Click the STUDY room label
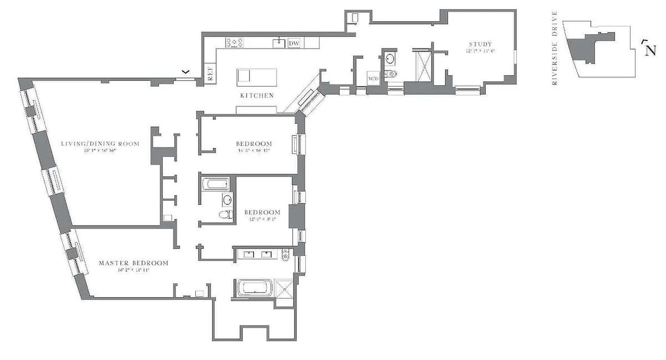480,44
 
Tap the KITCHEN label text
257,95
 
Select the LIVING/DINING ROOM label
100,144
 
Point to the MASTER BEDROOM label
133,263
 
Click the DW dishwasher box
294,43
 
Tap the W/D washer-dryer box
374,78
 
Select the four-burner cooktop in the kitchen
235,43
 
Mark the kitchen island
257,77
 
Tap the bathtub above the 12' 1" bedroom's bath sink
216,184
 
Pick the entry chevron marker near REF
185,72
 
